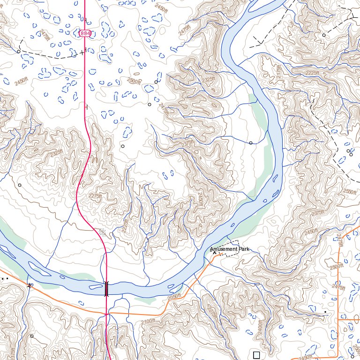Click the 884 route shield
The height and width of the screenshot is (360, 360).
click(85, 33)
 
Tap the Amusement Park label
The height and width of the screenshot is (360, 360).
click(230, 249)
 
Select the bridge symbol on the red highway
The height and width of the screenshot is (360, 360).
click(106, 288)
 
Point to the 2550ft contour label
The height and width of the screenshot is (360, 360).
click(350, 192)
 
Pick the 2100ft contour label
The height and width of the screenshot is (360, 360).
click(148, 321)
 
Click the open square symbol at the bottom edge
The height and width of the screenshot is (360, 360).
click(256, 355)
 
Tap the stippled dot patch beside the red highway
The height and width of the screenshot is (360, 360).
click(102, 232)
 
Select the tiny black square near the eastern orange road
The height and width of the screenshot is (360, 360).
click(325, 311)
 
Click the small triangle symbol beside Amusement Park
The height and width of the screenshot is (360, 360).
click(215, 252)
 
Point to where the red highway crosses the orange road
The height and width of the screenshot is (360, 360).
click(107, 313)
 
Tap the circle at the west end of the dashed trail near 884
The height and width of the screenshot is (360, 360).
click(19, 51)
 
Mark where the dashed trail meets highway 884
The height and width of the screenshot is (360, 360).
click(85, 52)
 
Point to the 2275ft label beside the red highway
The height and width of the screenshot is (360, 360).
click(95, 196)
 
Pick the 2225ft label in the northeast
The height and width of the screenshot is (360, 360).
click(311, 73)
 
